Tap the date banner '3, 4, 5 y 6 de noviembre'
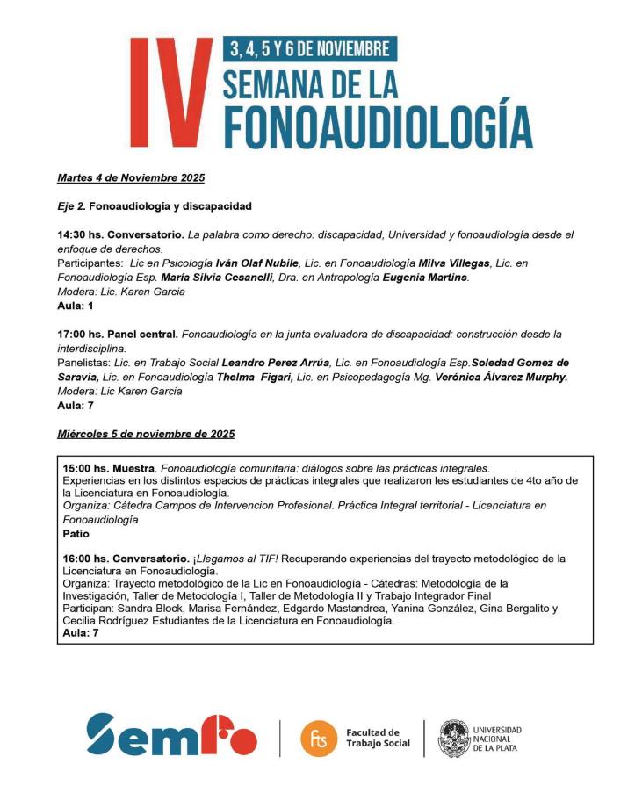coord(308,47)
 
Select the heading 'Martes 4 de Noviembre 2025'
coord(131,178)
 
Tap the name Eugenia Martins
coord(429,278)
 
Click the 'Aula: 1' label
coord(75,306)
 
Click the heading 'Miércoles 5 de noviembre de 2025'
coord(146,434)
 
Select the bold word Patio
coord(76,532)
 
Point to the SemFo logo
coord(171,734)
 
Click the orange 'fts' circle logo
coord(318,738)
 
